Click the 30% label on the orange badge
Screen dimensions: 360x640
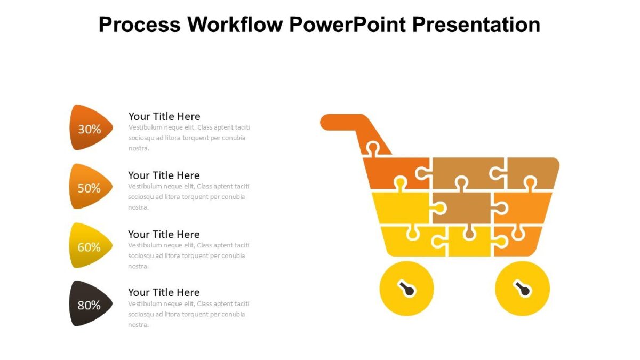coord(90,129)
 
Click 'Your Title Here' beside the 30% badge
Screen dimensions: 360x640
coord(164,116)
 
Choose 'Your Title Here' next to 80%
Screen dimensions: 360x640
coord(164,292)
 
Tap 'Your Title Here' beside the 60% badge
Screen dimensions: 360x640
coord(164,234)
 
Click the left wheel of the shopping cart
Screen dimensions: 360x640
coord(406,289)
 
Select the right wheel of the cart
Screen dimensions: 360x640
coord(522,289)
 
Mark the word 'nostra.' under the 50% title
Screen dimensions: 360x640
coord(139,207)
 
